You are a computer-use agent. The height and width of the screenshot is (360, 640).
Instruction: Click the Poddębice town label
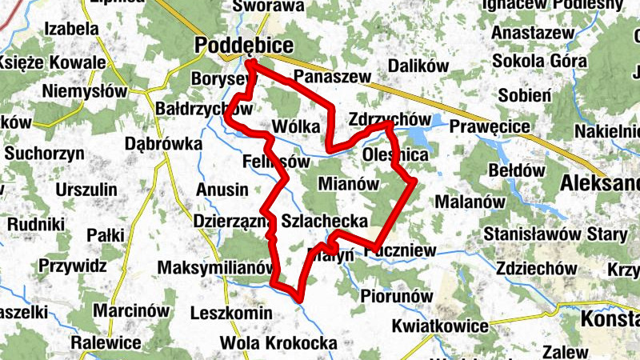pos(244,46)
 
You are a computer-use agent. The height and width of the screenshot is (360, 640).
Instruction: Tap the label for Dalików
pos(414,66)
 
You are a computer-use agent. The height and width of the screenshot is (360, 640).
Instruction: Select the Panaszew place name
pos(333,77)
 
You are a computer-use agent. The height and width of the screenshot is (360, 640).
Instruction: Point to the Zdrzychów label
pos(385,119)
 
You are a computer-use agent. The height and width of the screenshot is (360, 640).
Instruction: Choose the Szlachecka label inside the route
pos(325,221)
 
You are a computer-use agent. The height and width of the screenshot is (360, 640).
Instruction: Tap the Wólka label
pos(296,126)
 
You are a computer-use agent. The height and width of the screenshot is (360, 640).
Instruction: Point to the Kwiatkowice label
pos(440,326)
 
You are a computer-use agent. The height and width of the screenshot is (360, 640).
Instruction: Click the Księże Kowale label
pos(53,62)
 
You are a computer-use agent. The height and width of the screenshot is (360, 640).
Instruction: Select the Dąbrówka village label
pos(162,145)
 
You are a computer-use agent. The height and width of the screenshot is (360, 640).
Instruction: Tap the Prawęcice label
pos(490,126)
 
